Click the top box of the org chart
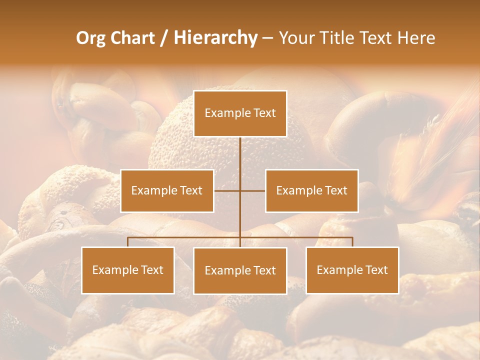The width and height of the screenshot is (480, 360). click(240, 113)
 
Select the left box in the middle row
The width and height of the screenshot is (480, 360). click(167, 190)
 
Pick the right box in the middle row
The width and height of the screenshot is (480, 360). click(311, 190)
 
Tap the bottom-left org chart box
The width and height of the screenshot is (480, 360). click(128, 270)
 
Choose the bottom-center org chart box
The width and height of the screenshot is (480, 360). click(240, 270)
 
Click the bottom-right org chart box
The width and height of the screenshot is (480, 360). click(352, 270)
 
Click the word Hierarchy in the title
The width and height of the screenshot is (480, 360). click(215, 38)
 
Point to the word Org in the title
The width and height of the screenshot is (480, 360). click(90, 38)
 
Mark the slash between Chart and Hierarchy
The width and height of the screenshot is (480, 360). click(164, 38)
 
